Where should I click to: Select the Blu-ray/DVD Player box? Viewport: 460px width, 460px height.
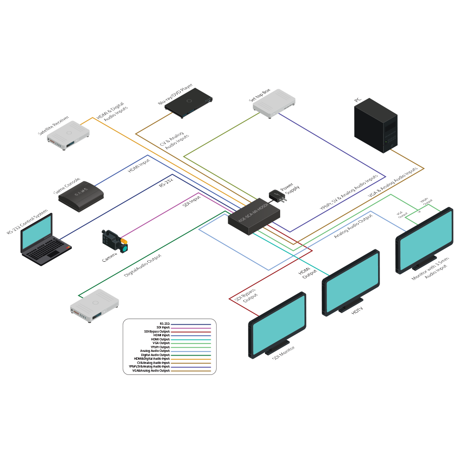[x=189, y=101]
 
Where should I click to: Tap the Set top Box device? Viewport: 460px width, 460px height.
[x=274, y=103]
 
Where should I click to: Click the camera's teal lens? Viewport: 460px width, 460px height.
[x=124, y=247]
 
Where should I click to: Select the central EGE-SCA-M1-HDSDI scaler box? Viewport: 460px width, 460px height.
[x=254, y=217]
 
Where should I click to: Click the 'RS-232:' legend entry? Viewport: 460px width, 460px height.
[x=165, y=324]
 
